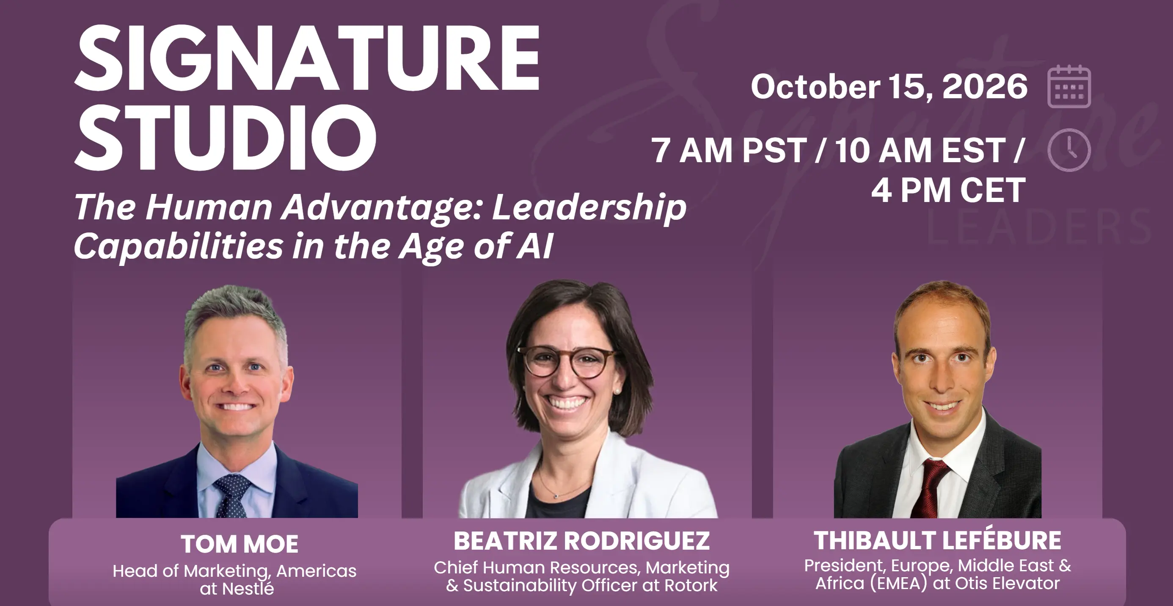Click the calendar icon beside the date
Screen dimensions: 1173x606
pyautogui.click(x=1069, y=86)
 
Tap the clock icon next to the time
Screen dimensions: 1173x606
pyautogui.click(x=1069, y=150)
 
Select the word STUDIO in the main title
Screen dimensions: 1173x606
pyautogui.click(x=226, y=137)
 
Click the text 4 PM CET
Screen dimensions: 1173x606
pyautogui.click(x=948, y=190)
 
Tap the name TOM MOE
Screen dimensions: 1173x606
pyautogui.click(x=240, y=544)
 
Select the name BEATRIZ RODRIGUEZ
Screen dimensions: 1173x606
pyautogui.click(x=581, y=541)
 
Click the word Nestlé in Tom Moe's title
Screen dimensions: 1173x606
pyautogui.click(x=248, y=588)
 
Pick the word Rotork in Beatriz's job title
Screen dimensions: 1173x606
pyautogui.click(x=691, y=586)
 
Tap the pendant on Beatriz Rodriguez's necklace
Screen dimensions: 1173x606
pyautogui.click(x=556, y=496)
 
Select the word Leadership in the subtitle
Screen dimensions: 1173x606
pyautogui.click(x=589, y=208)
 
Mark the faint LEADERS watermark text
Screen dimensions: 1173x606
pyautogui.click(x=1039, y=227)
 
